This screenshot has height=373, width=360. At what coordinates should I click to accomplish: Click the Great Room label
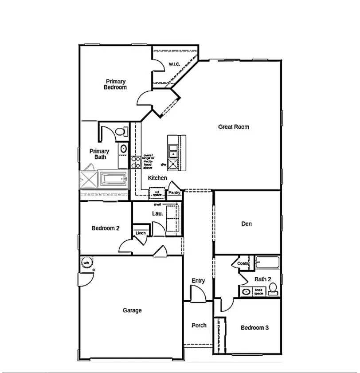tap(233, 127)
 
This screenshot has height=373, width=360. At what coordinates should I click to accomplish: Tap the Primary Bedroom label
tap(115, 84)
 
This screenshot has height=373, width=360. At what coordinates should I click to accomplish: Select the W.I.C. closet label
tap(174, 65)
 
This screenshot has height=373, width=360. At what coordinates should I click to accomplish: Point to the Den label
tap(247, 224)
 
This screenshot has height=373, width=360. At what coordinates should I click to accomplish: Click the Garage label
tap(132, 310)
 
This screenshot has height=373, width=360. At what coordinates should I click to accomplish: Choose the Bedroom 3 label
tap(254, 328)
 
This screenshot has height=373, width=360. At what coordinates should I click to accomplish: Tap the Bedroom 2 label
tap(106, 228)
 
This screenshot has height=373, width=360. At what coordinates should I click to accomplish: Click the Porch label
tap(199, 325)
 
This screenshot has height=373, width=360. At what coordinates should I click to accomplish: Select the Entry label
tap(198, 280)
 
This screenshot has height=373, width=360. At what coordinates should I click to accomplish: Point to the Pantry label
tap(174, 193)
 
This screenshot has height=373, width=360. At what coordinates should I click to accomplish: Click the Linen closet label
tap(141, 233)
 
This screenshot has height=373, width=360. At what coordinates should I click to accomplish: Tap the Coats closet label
tap(243, 263)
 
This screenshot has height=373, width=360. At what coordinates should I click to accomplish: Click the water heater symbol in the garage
tap(86, 263)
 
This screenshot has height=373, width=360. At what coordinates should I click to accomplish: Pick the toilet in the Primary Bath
tap(119, 131)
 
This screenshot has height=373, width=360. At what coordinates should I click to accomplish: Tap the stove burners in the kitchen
tap(136, 162)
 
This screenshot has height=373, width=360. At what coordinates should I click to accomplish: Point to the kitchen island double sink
tap(173, 150)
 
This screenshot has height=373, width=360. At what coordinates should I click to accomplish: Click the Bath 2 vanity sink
tap(246, 291)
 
